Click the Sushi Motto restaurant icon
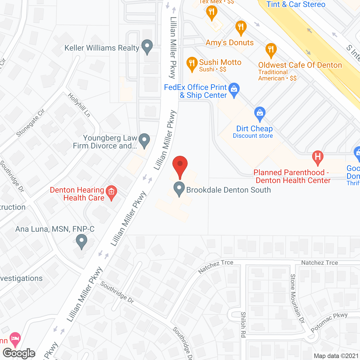[x=192, y=64]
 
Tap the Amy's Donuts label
[x=229, y=42]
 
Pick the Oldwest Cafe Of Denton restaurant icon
[x=271, y=50]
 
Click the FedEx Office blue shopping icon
[x=234, y=89]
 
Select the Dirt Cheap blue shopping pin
[x=260, y=113]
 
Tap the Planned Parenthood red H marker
[x=318, y=157]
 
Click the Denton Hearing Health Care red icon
[x=111, y=192]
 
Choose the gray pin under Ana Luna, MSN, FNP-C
[x=82, y=241]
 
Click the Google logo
[x=19, y=353]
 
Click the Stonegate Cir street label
[x=30, y=123]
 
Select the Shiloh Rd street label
[x=243, y=325]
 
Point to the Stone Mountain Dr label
[x=297, y=298]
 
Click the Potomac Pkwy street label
[x=329, y=322]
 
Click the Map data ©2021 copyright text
[x=336, y=356]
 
